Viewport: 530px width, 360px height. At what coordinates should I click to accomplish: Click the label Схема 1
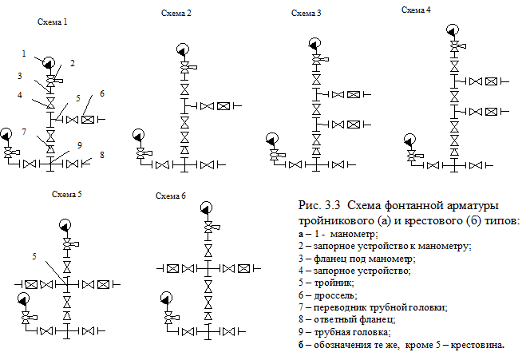[52, 24]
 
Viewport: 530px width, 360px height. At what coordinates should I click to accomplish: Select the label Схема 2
[176, 13]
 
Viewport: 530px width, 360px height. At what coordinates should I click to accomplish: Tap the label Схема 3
[307, 14]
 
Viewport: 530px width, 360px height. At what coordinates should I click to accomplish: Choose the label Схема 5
[67, 195]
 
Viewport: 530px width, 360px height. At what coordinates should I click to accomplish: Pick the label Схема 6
[171, 196]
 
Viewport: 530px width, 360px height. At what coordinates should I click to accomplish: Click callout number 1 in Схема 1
[24, 54]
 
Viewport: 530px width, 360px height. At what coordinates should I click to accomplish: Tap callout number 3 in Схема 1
[22, 77]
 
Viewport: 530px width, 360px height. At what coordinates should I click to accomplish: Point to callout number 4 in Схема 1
[22, 95]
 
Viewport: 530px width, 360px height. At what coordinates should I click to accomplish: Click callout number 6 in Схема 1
[103, 93]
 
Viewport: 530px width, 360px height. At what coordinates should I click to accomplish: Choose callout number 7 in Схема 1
[25, 132]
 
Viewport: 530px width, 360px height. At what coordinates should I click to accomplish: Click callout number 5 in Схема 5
[34, 257]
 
